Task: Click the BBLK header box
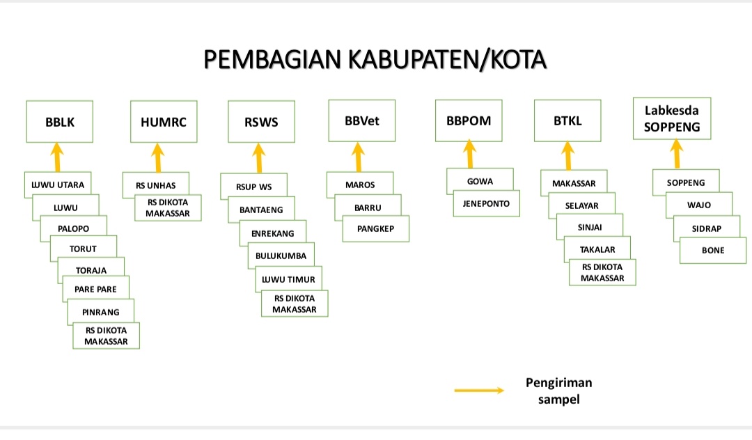[59, 121]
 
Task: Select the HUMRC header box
[164, 121]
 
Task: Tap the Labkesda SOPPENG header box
[672, 118]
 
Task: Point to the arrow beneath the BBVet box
[359, 157]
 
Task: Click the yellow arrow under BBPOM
[469, 154]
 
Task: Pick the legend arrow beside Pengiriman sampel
[479, 390]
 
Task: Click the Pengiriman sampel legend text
[558, 391]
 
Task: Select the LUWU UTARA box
[58, 184]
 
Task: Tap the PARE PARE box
[95, 289]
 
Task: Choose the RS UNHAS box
[155, 185]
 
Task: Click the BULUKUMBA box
[281, 256]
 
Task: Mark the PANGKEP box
[375, 228]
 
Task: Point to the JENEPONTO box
[486, 203]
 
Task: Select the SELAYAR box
[581, 205]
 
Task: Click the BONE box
[713, 250]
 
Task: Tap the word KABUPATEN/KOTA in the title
[447, 60]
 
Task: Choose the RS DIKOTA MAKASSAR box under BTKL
[602, 272]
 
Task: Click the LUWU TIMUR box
[288, 279]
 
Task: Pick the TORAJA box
[91, 270]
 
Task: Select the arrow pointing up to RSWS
[259, 158]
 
